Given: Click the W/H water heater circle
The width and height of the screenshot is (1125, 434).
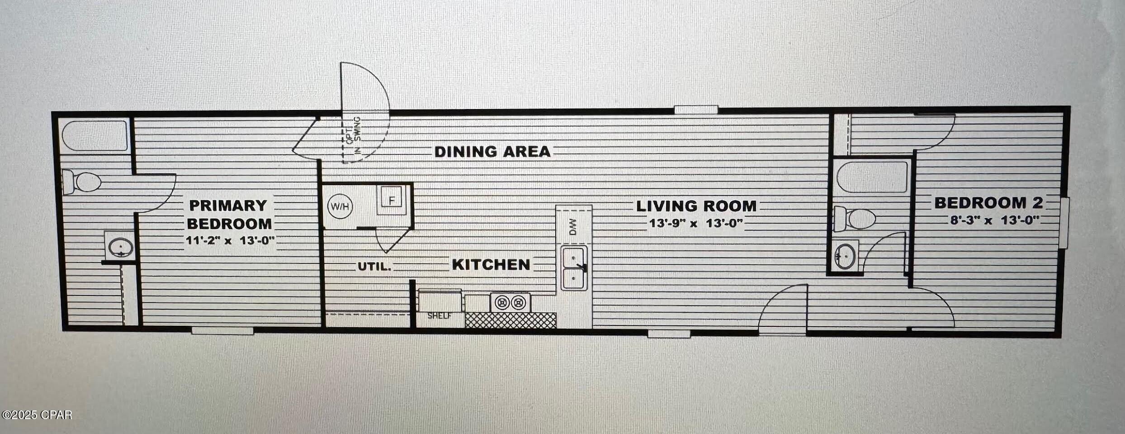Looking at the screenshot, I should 340,206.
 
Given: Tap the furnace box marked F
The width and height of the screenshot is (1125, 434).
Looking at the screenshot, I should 392,200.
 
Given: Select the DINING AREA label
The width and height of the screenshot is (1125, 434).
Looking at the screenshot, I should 492,152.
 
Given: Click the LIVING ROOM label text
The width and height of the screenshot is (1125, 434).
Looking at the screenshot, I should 696,206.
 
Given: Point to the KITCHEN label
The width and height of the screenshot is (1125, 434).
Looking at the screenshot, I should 491,265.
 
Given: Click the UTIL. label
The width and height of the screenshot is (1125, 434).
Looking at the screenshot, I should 374,267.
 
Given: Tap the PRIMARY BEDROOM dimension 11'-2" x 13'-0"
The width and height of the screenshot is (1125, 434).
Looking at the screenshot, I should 230,240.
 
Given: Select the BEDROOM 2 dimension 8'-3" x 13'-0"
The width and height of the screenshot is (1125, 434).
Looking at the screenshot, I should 994,220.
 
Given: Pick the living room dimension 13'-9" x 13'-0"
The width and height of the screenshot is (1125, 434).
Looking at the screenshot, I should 696,223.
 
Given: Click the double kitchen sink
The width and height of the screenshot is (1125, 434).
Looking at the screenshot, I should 574,268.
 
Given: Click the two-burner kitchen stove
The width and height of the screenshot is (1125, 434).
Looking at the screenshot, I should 510,302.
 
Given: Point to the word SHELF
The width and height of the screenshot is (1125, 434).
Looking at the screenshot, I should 439,316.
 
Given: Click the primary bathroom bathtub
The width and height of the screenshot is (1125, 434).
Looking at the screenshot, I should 95,136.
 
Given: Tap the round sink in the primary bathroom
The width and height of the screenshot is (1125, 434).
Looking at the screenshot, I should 121,247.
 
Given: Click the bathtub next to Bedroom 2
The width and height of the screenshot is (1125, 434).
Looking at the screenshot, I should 872,177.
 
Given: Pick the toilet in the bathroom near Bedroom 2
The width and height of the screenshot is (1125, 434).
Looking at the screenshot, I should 854,219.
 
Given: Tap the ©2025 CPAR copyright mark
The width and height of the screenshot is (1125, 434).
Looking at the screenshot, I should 37,415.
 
